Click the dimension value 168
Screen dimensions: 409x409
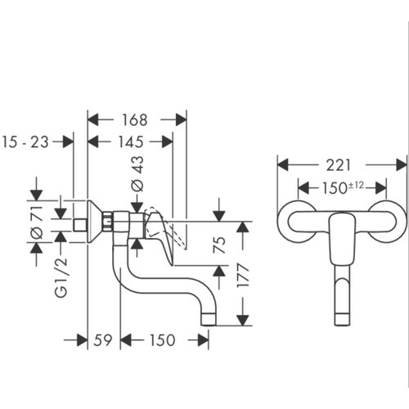(134, 120)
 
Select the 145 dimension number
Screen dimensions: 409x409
(130, 142)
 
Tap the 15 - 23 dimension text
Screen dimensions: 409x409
(25, 142)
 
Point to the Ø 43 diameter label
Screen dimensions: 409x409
(137, 173)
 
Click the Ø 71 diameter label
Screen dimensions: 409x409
(37, 222)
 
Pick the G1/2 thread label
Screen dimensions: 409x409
(61, 277)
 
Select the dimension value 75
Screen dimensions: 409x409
(220, 245)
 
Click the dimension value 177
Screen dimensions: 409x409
(243, 275)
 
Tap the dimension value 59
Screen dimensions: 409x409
(103, 340)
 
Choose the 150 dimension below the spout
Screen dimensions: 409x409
(162, 340)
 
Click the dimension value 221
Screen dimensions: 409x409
(338, 165)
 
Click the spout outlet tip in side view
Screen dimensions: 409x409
(209, 320)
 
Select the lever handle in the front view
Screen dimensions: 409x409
(342, 239)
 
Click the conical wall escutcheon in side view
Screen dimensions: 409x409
(96, 222)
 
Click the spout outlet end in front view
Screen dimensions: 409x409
(342, 320)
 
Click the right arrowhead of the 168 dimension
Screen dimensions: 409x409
(181, 119)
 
